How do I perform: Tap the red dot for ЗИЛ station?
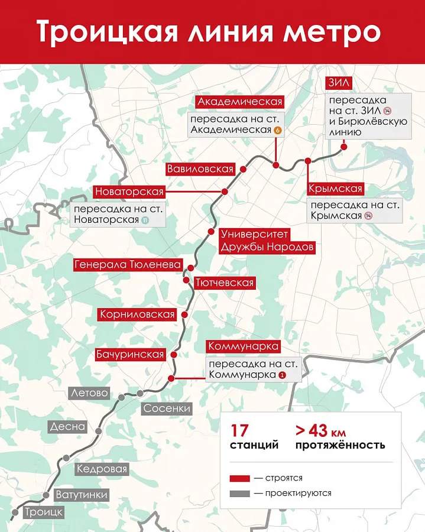[x=343, y=148]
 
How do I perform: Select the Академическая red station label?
[x=240, y=102]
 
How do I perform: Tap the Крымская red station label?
[x=335, y=189]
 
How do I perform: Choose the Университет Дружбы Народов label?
[x=267, y=241]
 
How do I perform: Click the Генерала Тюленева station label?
[x=128, y=265]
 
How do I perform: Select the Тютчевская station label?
[x=224, y=283]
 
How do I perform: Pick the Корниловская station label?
[x=138, y=314]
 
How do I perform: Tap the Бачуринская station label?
[x=129, y=355]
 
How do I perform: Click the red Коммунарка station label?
[x=243, y=346]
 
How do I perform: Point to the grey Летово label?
[x=89, y=392]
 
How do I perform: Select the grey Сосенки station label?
[x=167, y=408]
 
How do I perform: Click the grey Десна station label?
[x=68, y=426]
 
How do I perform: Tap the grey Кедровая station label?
[x=102, y=469]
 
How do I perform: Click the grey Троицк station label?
[x=43, y=512]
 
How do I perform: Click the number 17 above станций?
[x=240, y=429]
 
